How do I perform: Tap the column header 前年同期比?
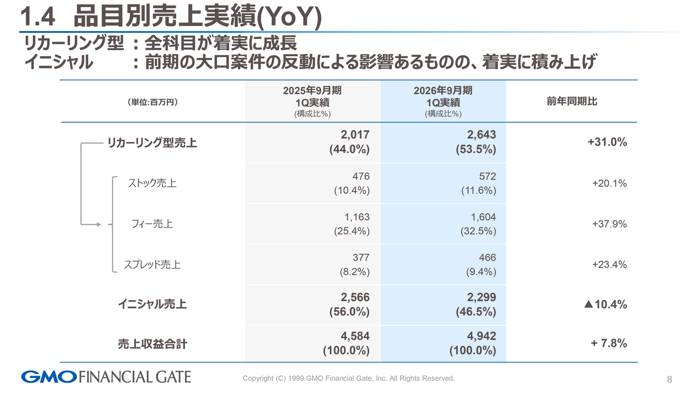tap(571, 102)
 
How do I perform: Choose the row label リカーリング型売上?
tap(152, 143)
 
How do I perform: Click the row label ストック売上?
tap(152, 183)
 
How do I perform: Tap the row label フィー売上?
tap(152, 224)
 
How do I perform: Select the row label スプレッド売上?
tap(152, 265)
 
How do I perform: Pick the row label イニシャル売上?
tap(152, 305)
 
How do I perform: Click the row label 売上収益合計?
tap(152, 344)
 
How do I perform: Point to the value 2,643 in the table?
tap(482, 134)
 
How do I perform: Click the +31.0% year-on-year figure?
tap(607, 142)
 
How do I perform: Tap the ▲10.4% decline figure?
tap(605, 305)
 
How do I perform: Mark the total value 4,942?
tap(482, 336)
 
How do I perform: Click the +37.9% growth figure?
tap(609, 224)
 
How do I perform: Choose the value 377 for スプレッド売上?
tap(360, 258)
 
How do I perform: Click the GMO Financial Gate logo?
tap(106, 377)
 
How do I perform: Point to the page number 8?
tap(669, 379)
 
